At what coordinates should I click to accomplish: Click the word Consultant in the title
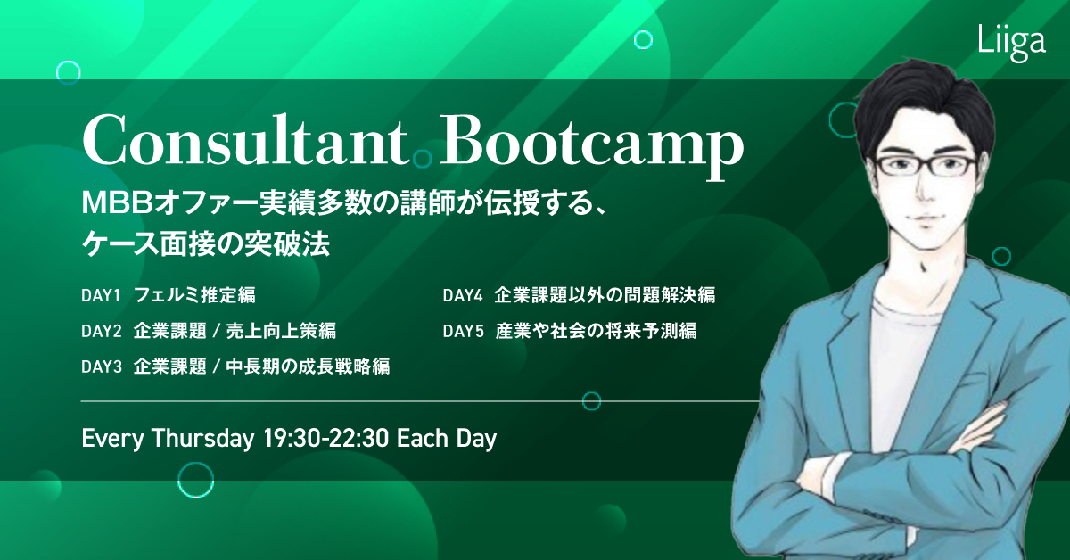click(x=246, y=139)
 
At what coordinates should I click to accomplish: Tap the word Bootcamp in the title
click(x=591, y=145)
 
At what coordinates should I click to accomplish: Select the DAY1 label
click(x=101, y=296)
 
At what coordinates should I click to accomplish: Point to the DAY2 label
click(x=102, y=331)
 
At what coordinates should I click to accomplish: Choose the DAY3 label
click(x=102, y=366)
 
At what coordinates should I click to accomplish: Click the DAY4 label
click(x=463, y=296)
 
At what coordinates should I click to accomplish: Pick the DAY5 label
click(x=463, y=331)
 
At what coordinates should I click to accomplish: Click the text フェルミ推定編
click(x=195, y=295)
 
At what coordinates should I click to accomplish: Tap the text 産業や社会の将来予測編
click(x=596, y=331)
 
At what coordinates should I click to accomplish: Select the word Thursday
click(x=203, y=438)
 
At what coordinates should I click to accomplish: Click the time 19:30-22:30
click(x=325, y=439)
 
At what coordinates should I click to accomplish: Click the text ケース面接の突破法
click(x=206, y=244)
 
